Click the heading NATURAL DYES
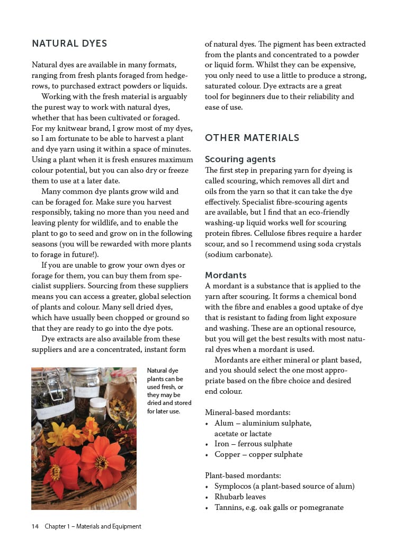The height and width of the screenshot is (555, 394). click(x=69, y=43)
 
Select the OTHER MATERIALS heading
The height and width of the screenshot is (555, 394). click(x=252, y=138)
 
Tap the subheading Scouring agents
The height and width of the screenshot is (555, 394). click(x=240, y=159)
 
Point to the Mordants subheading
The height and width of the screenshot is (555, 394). click(x=226, y=275)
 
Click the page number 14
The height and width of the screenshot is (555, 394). click(x=35, y=526)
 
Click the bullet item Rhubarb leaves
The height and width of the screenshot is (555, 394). click(x=240, y=497)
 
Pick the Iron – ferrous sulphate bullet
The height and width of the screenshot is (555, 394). click(x=253, y=444)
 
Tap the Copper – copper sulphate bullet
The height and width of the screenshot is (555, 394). click(x=258, y=454)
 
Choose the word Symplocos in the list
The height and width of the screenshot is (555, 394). click(x=233, y=486)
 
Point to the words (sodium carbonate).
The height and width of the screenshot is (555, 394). click(x=239, y=254)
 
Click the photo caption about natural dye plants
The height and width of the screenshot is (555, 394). click(x=165, y=391)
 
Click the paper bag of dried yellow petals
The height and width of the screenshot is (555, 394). click(x=121, y=395)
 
